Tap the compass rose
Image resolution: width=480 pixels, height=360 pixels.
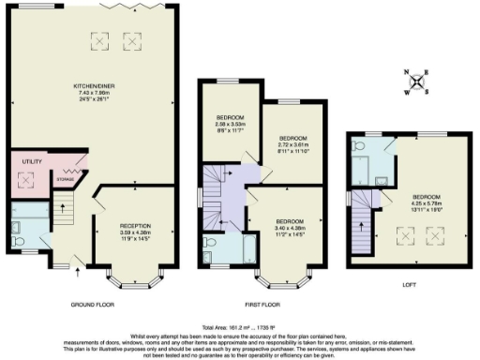point(425,82)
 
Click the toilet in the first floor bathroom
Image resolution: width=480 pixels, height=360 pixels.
point(208,243)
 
